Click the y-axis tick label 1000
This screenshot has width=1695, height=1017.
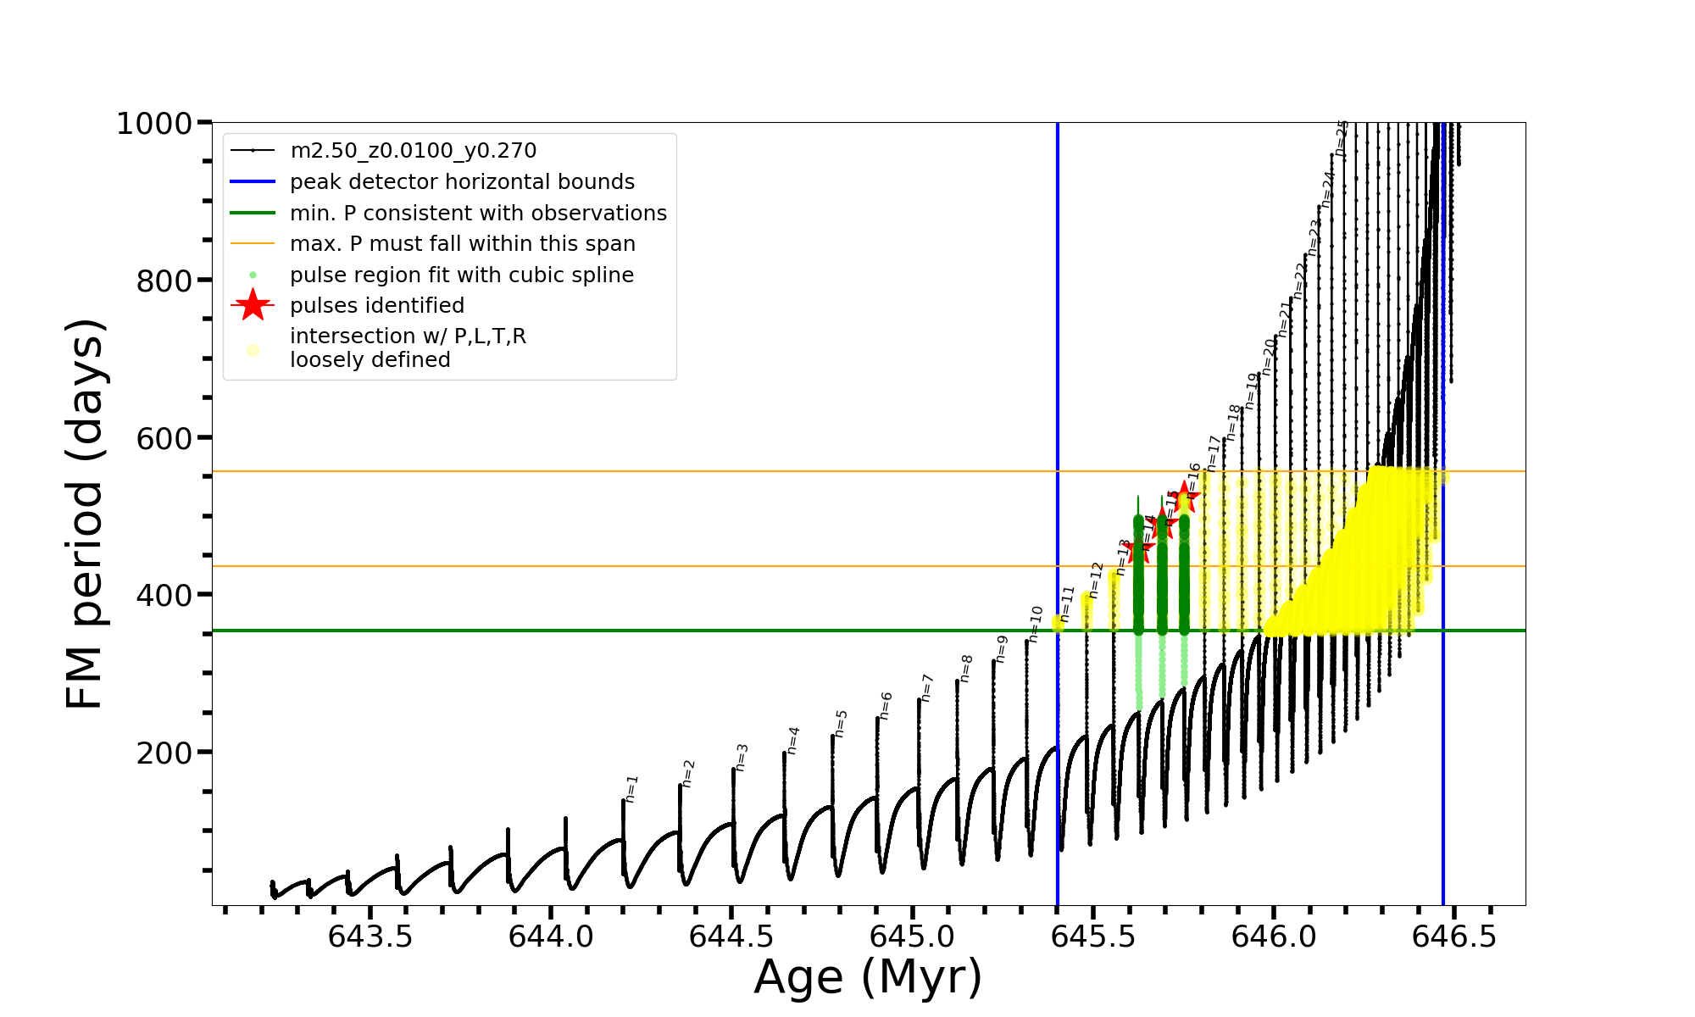[154, 124]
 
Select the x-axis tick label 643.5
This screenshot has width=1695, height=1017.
[370, 936]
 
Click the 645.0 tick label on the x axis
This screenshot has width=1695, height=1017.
[912, 936]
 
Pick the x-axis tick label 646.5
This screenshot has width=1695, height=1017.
[1453, 936]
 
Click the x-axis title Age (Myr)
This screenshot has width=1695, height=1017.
[868, 977]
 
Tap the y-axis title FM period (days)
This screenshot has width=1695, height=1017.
[85, 514]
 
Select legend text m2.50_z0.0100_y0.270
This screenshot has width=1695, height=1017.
[413, 151]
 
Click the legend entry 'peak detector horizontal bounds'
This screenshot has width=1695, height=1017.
[462, 182]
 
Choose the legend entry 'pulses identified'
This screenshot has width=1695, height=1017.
[377, 306]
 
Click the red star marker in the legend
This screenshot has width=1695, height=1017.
[253, 305]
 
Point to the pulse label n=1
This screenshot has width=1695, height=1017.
[631, 788]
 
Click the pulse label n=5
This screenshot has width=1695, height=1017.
[841, 723]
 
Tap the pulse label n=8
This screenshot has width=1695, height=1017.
[966, 668]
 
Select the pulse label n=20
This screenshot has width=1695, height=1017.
[1269, 356]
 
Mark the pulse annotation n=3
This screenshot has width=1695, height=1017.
[742, 757]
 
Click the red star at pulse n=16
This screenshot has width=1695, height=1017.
[1184, 498]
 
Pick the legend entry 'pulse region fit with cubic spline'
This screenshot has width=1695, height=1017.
[461, 275]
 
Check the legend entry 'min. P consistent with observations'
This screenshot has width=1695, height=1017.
[478, 214]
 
